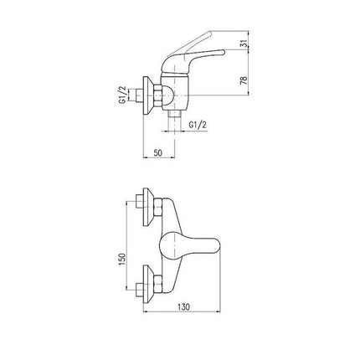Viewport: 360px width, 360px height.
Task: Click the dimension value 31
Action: (244, 44)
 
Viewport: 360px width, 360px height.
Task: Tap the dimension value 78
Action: (244, 80)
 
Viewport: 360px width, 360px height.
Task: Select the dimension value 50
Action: (158, 152)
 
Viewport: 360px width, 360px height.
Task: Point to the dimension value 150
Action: (122, 260)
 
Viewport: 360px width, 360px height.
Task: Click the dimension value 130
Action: (183, 307)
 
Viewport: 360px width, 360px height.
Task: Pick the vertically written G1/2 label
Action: (123, 95)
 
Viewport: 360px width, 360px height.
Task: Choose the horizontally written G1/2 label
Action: (198, 125)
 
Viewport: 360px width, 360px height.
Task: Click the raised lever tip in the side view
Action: (210, 33)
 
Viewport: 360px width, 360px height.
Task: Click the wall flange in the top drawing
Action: (147, 95)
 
